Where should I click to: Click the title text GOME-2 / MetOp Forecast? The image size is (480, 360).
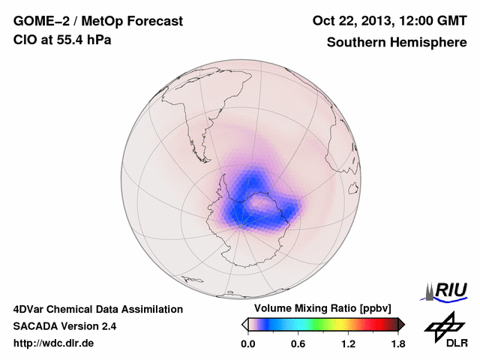coord(97,22)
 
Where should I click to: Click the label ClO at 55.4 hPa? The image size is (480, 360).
coord(62,40)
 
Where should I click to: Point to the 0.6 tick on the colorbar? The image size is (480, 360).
coord(298,343)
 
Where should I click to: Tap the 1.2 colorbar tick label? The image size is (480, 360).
coord(347,343)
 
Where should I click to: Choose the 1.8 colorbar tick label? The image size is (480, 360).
coord(397,343)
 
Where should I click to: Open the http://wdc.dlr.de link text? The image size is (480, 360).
coord(54,343)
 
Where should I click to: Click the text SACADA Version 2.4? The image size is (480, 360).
coord(65,326)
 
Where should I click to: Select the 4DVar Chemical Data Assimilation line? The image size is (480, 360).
coord(97,309)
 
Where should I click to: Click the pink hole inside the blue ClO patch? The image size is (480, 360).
coord(261,202)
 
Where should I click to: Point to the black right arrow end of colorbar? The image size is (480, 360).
coord(401,324)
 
